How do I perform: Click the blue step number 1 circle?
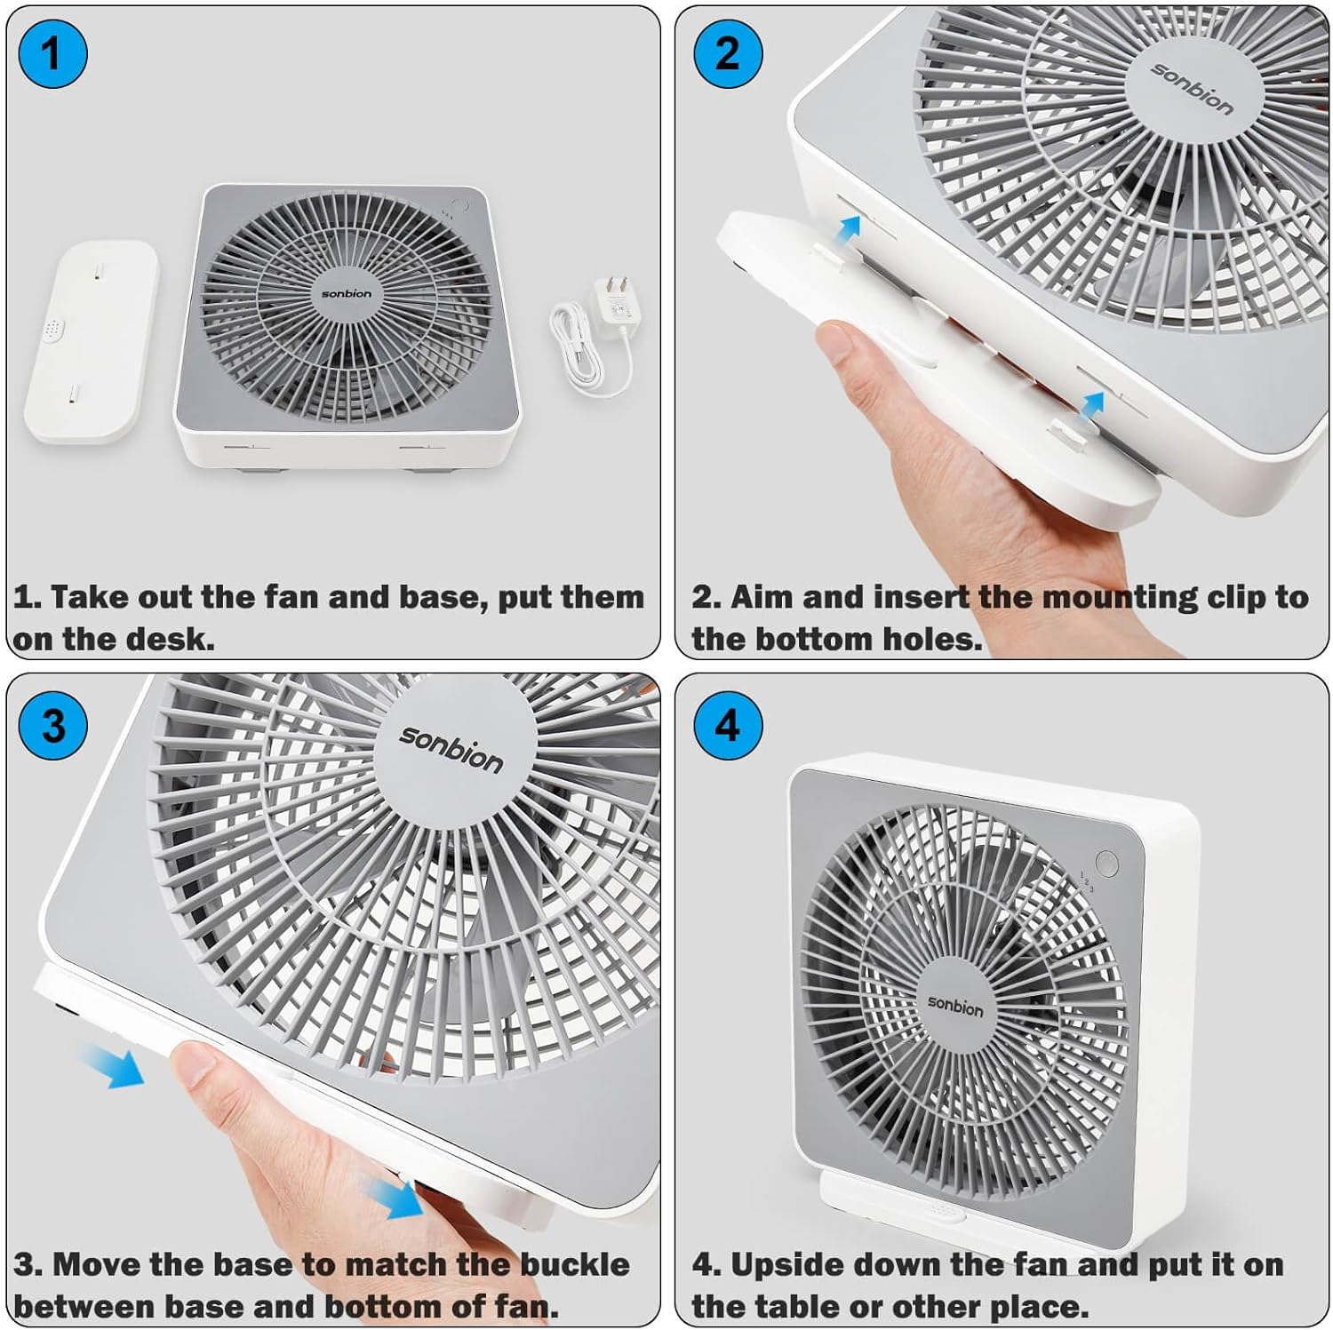(52, 54)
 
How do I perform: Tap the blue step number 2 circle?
(727, 53)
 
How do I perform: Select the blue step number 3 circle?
(52, 726)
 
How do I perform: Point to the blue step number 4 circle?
(727, 726)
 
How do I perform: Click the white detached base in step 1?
(91, 342)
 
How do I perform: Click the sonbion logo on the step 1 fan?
(347, 294)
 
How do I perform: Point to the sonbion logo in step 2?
(1192, 88)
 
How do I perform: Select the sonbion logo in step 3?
(451, 748)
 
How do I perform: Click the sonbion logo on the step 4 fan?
(955, 1005)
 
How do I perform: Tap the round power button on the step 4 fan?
(1106, 863)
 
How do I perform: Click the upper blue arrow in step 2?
(850, 228)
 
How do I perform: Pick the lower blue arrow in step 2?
(1092, 404)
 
